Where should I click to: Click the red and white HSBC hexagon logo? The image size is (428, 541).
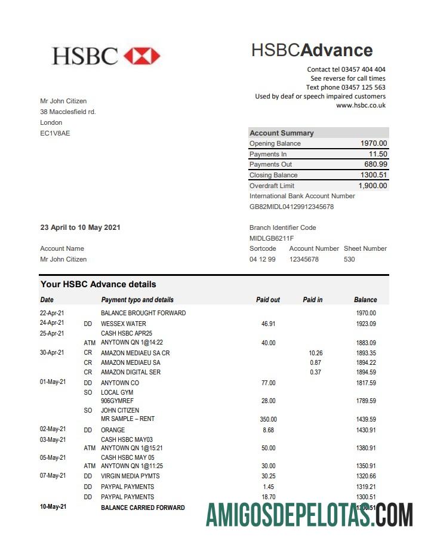tap(141, 56)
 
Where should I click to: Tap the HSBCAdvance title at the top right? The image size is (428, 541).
tap(312, 50)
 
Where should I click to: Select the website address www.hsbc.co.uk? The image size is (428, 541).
tap(361, 105)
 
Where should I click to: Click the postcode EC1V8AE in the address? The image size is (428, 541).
tap(55, 133)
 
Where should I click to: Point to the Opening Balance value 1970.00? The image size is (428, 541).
tap(374, 143)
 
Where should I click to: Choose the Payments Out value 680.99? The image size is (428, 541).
tap(375, 164)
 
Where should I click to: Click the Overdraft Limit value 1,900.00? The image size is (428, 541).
tap(372, 186)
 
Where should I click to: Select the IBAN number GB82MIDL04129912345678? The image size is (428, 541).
tap(291, 207)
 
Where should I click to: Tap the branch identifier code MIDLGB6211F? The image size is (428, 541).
tap(272, 238)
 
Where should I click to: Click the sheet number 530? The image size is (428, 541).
tap(349, 259)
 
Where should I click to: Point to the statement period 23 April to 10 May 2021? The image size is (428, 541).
tap(80, 228)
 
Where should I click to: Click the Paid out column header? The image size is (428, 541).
tap(267, 300)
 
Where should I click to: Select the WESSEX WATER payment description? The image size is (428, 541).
tap(124, 324)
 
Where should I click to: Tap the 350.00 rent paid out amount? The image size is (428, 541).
tap(268, 420)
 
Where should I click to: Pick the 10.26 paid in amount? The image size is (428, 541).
tap(315, 353)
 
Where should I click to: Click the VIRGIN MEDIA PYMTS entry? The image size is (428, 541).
tap(130, 476)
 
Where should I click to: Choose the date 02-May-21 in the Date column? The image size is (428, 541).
tap(53, 429)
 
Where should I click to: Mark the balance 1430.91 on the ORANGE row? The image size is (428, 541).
tap(365, 429)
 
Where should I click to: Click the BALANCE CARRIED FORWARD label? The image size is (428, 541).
tap(143, 508)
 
